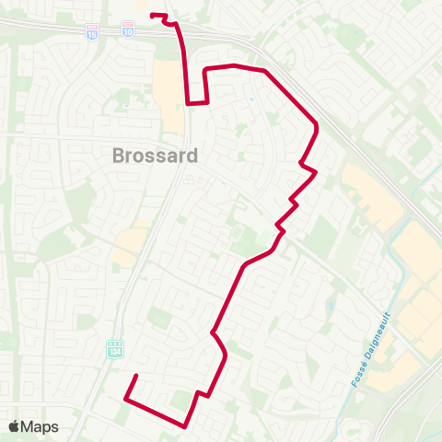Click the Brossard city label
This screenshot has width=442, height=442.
pos(155,156)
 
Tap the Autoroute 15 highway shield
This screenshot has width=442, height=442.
pos(90,31)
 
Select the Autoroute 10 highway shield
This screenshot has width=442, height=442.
pos(127,31)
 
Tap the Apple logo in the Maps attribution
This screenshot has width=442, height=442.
pos(14,426)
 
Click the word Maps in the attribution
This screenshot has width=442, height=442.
pos(41,426)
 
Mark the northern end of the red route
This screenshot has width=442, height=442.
pos(152,15)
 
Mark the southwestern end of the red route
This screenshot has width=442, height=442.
pos(136,376)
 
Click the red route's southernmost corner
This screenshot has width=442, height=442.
pos(186,426)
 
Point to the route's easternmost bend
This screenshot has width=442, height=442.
pos(318,125)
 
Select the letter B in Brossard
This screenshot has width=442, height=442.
pos(119,156)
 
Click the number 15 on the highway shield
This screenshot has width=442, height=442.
pos(90,32)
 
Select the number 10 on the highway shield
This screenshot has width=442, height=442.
pos(127,32)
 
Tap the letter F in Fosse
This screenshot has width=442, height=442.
pos(353,384)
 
